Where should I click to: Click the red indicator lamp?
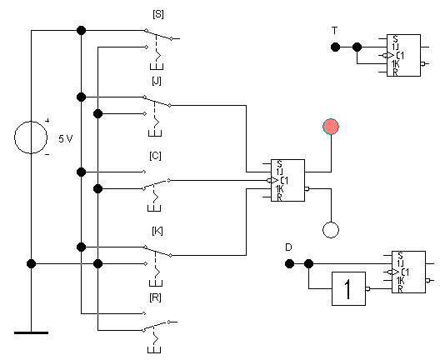coord(331,127)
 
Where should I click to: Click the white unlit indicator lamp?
coord(331,230)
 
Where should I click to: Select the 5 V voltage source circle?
coord(31,137)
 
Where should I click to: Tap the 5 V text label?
coord(66,139)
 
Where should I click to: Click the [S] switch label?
coord(158,14)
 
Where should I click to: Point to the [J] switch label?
coord(157,81)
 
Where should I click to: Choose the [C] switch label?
coord(155,156)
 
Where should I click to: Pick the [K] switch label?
coord(157,231)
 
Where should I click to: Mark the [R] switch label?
coord(155,297)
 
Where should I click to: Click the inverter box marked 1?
coord(348,288)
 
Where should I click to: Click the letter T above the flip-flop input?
coord(335,30)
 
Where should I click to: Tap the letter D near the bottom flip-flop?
coord(288,247)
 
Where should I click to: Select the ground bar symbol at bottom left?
coord(31,332)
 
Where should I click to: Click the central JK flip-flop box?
coord(287,181)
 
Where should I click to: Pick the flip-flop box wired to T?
coord(403,55)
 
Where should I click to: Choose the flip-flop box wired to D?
coord(408,272)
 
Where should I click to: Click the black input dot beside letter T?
coord(335,47)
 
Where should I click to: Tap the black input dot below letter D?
coord(289,264)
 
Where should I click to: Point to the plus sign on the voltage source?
coord(47,121)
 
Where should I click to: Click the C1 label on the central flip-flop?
coord(284,181)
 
